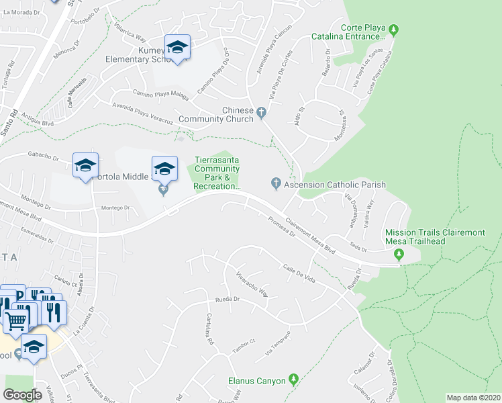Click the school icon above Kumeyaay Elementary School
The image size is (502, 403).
[177, 48]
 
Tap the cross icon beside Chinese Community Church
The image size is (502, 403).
[262, 111]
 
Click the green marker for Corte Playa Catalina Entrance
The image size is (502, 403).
[394, 30]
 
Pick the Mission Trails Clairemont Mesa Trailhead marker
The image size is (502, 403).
[399, 254]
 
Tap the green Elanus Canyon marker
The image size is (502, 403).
[293, 380]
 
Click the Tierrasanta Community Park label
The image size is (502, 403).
[216, 173]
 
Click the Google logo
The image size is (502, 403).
[23, 395]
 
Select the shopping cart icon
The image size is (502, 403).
[16, 320]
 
